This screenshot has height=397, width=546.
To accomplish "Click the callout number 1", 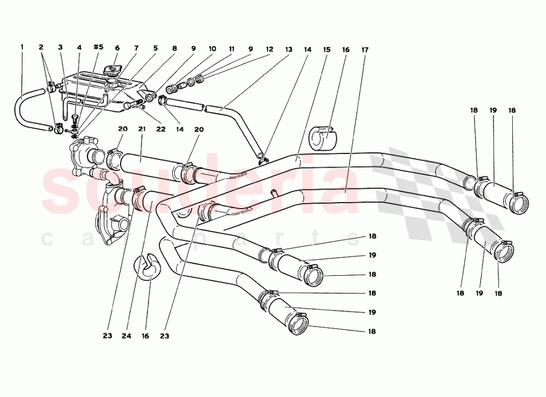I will pos(22,48).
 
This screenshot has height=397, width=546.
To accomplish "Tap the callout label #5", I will pos(98,48).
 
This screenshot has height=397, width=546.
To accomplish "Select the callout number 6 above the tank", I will pos(117,48).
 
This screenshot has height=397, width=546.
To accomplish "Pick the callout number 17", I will pos(364,50).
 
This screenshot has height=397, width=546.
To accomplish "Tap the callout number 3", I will pos(61,48).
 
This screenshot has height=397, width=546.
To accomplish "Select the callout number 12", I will pos(269,49).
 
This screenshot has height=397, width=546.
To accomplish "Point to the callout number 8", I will pos(174,48).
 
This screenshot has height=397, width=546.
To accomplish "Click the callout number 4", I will pos(79,48).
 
